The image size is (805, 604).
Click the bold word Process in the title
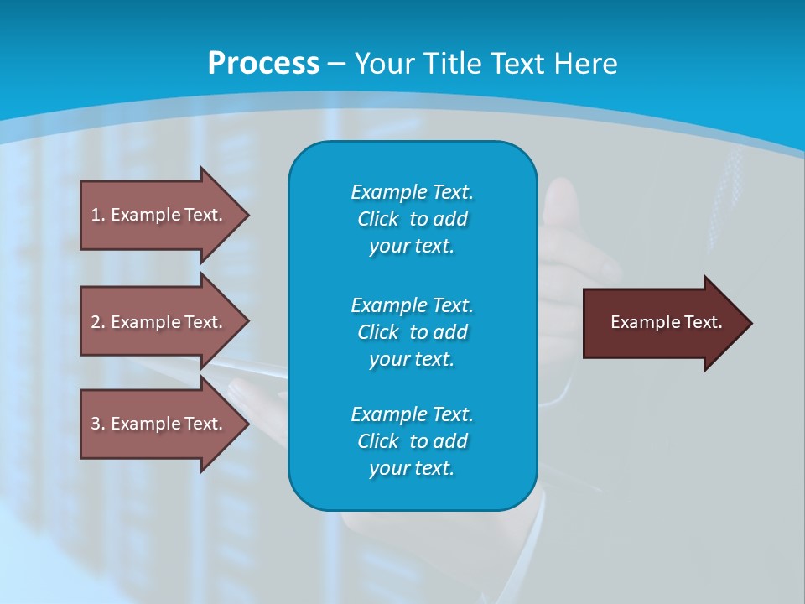pyautogui.click(x=263, y=64)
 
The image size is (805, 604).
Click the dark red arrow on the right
pyautogui.click(x=662, y=323)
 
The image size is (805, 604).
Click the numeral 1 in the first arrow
pyautogui.click(x=96, y=215)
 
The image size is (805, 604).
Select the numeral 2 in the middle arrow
pyautogui.click(x=96, y=322)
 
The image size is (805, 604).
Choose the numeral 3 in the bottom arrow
pyautogui.click(x=96, y=424)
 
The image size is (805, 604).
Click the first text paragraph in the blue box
pyautogui.click(x=412, y=219)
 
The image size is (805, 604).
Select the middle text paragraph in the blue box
pyautogui.click(x=412, y=331)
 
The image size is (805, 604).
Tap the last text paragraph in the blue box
pyautogui.click(x=412, y=441)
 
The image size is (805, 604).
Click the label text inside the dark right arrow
pyautogui.click(x=666, y=322)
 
